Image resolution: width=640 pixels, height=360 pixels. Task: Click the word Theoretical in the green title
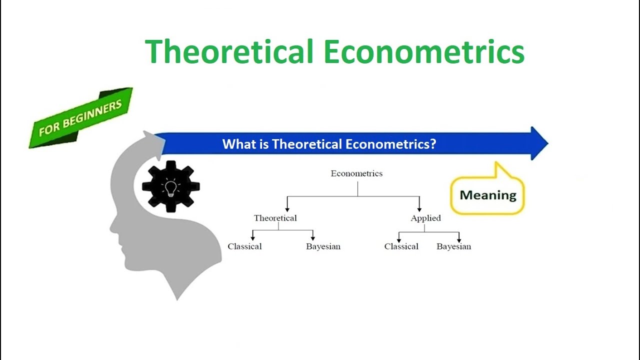229,51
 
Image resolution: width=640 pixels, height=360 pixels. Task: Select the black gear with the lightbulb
170,186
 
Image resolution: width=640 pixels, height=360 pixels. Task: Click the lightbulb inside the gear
170,187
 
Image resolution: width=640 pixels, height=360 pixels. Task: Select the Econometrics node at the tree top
356,173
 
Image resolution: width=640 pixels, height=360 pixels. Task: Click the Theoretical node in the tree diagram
275,218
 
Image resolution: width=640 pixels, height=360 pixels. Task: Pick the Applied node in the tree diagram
425,218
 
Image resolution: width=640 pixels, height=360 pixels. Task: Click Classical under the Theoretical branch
244,246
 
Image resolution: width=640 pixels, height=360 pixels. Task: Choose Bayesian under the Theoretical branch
323,246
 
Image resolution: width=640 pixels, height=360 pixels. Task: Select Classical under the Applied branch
401,246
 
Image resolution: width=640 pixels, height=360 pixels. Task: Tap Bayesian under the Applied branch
453,246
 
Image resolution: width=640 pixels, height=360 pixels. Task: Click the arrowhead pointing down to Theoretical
287,208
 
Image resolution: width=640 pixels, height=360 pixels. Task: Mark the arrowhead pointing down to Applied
419,208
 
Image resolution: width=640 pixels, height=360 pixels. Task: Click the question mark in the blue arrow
432,144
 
